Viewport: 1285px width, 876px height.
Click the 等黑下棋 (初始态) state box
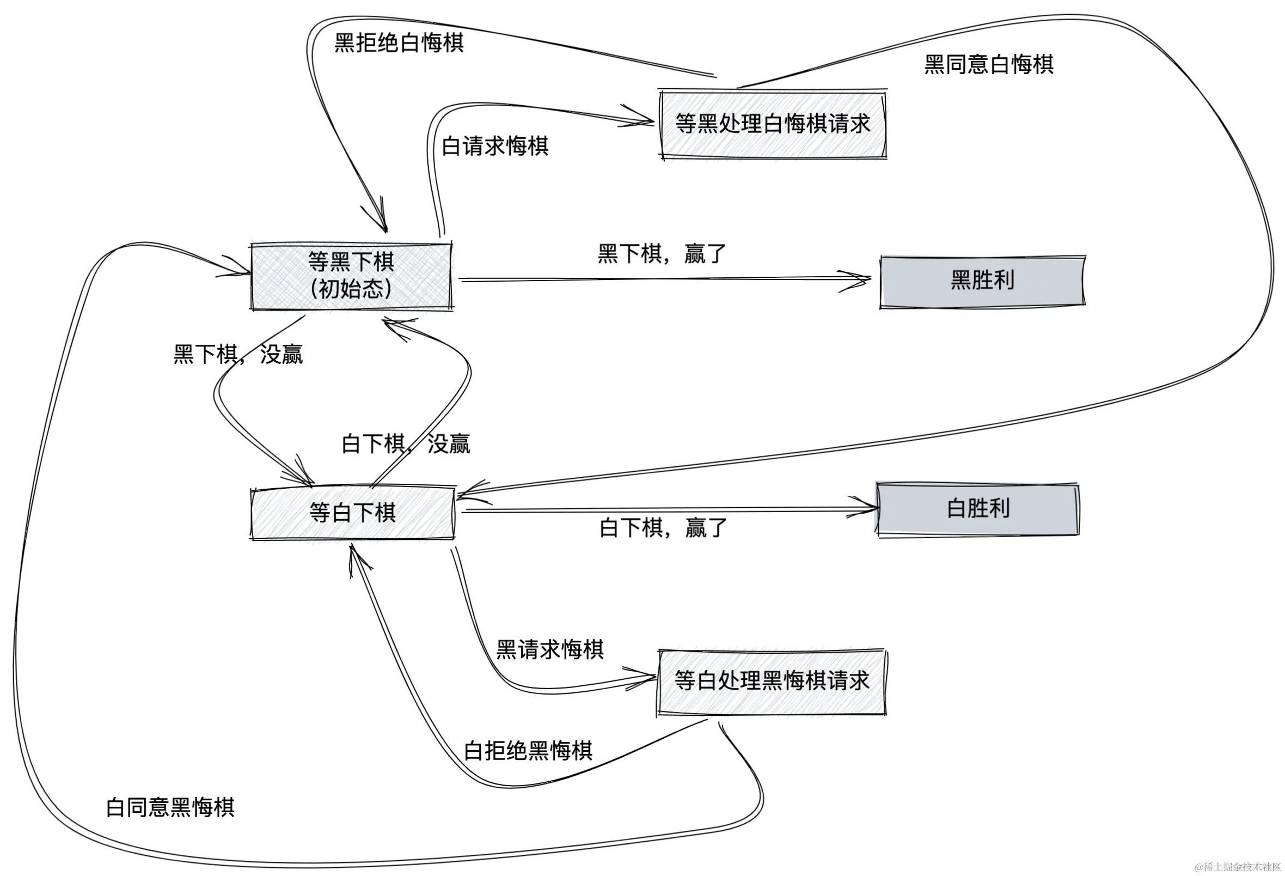(x=352, y=276)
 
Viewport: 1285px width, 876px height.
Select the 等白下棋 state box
(x=353, y=513)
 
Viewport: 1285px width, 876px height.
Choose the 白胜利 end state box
(x=977, y=509)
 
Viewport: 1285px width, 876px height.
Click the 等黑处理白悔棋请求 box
(x=773, y=124)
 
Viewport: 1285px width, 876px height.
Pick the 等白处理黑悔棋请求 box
(x=772, y=680)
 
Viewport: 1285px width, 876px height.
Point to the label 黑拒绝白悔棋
(x=399, y=42)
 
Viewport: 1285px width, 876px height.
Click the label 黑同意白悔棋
(x=989, y=65)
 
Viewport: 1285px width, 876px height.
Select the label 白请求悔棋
(x=495, y=147)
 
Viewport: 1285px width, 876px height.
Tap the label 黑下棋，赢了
(x=662, y=254)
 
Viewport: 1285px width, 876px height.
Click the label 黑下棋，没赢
(x=238, y=354)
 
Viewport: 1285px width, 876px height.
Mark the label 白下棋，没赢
(x=406, y=444)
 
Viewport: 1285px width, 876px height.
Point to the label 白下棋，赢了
(x=663, y=528)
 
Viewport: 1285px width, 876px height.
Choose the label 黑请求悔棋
(x=549, y=649)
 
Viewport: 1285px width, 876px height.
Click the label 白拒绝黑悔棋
(x=528, y=751)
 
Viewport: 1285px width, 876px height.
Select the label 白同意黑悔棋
(x=170, y=807)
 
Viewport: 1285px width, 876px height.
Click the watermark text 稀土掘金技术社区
(x=1241, y=867)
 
